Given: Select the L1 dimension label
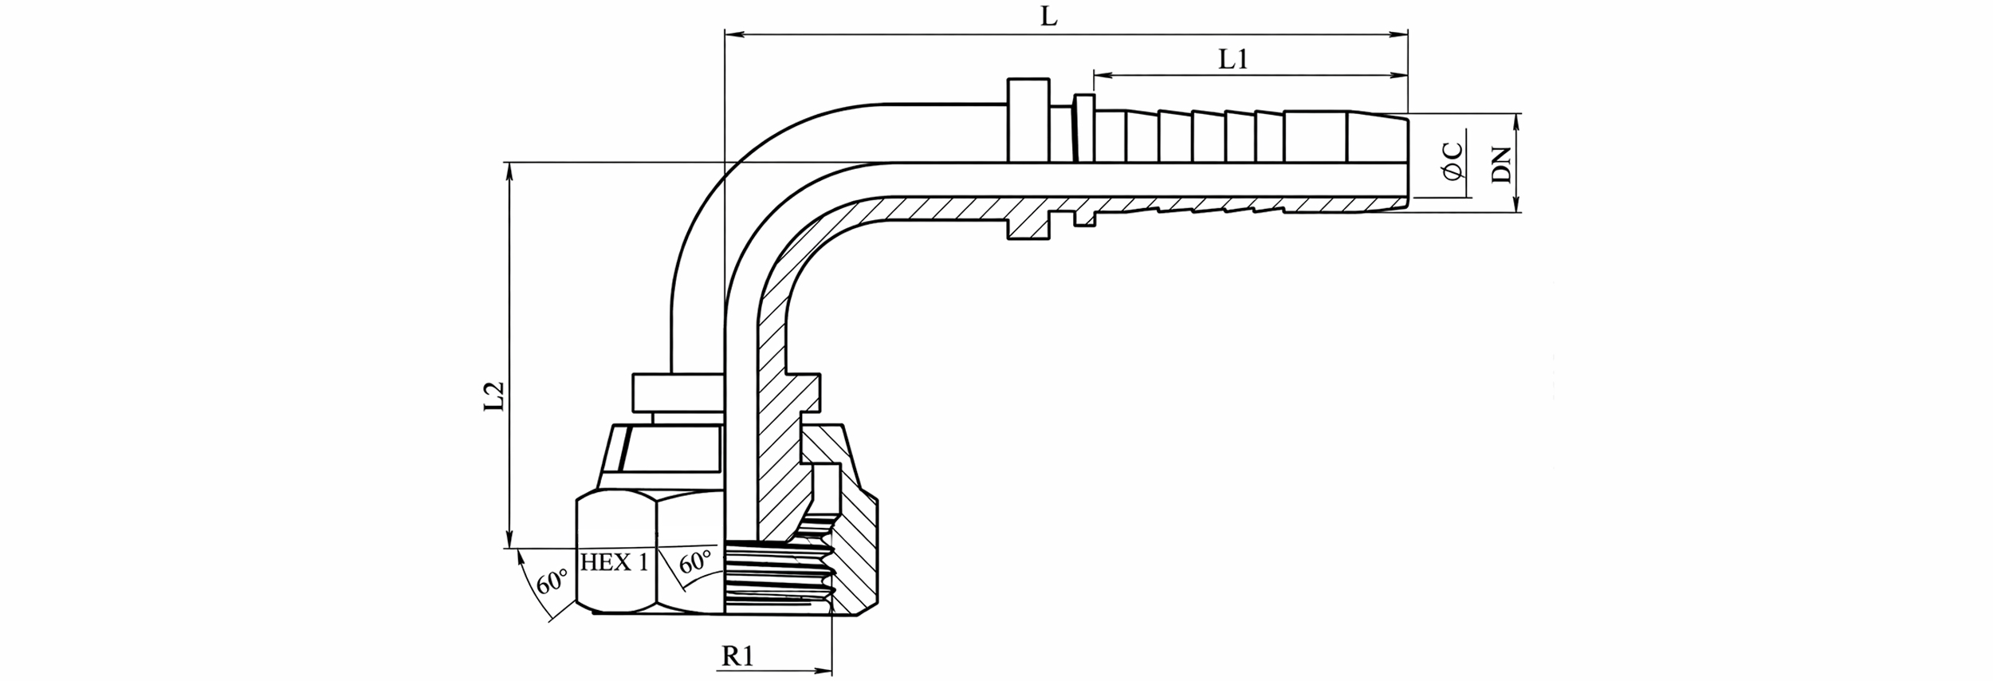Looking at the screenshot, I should tap(1233, 60).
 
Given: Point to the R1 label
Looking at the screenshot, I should tap(737, 656).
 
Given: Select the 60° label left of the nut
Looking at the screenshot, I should tap(551, 581).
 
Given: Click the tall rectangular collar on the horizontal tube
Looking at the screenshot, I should tap(1028, 120).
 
